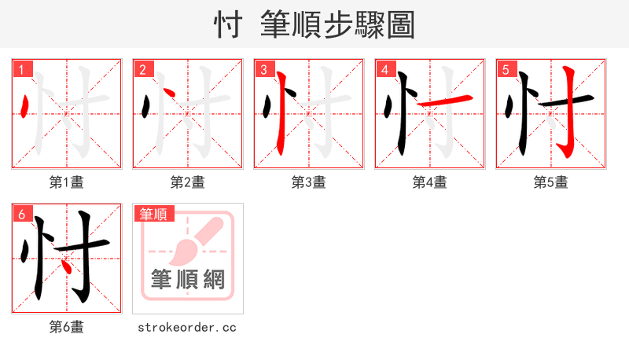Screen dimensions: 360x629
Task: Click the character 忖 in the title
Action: pyautogui.click(x=228, y=24)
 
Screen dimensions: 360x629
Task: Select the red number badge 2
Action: pyautogui.click(x=142, y=69)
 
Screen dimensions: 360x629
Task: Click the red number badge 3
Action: pyautogui.click(x=263, y=69)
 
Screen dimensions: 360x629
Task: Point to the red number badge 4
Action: pyautogui.click(x=384, y=69)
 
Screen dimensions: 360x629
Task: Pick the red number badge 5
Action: pyautogui.click(x=506, y=69)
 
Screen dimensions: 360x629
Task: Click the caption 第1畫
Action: pyautogui.click(x=67, y=182)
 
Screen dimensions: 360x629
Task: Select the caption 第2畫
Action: pyautogui.click(x=188, y=182)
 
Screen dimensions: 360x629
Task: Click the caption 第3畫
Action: pyautogui.click(x=309, y=182)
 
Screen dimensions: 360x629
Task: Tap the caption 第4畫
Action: pyautogui.click(x=430, y=182)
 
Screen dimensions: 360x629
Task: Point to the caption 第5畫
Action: pyautogui.click(x=551, y=182)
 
